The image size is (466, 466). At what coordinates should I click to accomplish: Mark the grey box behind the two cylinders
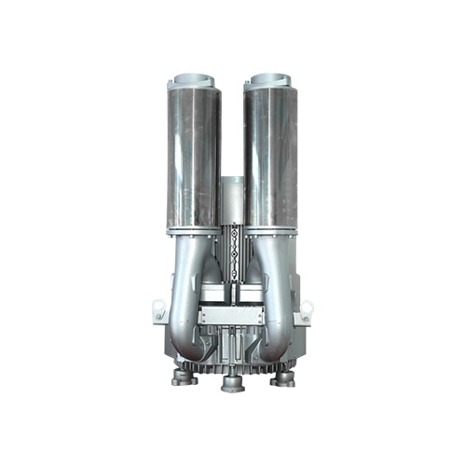point(232,200)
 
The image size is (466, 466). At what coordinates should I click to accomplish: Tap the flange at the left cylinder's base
point(193,229)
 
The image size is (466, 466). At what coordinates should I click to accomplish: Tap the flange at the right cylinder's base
point(271,229)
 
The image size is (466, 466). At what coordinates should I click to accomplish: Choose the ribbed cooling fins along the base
point(232,367)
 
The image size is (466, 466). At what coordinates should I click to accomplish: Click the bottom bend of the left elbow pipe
point(186,349)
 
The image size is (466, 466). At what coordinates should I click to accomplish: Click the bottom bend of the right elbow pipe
point(278,349)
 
